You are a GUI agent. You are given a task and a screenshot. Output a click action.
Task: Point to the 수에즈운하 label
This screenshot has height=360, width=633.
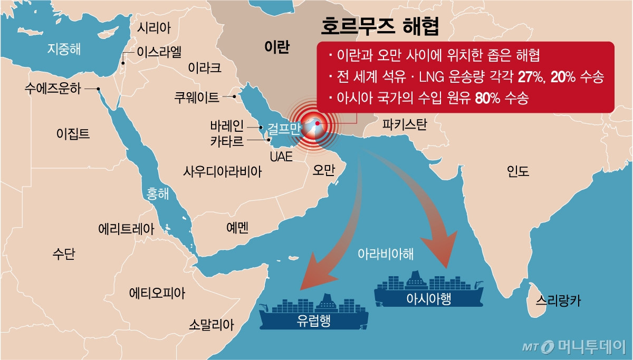[x=53, y=89]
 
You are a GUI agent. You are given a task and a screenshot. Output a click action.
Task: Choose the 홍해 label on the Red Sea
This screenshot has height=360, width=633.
[x=158, y=194]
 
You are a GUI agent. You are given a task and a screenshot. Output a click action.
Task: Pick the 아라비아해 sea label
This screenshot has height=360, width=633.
[x=386, y=254]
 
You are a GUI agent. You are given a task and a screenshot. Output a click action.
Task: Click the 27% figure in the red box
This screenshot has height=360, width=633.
[x=528, y=77]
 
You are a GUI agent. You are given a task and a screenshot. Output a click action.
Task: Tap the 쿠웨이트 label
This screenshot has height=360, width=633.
[x=197, y=97]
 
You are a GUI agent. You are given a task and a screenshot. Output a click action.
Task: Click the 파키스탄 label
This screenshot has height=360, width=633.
[x=404, y=124]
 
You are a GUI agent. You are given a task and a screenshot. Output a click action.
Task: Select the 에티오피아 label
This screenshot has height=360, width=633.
[x=158, y=293]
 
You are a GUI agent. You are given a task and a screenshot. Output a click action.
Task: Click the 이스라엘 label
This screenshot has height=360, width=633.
[x=159, y=52]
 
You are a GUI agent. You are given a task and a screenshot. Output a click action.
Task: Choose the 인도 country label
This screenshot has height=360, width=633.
[x=517, y=171]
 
